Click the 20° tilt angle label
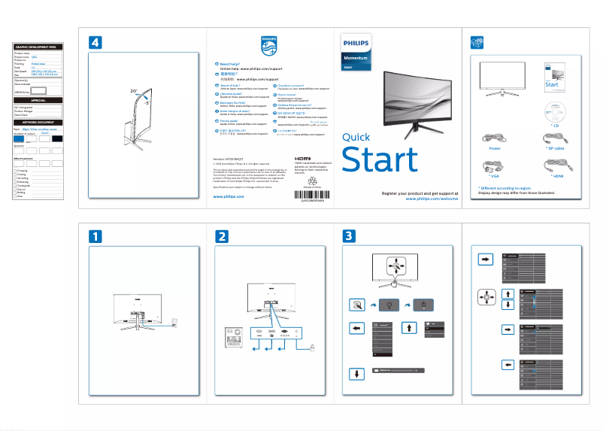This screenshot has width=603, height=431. tap(133, 90)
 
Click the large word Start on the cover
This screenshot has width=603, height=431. tap(380, 160)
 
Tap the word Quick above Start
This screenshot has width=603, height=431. tap(356, 137)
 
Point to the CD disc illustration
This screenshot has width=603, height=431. tap(555, 111)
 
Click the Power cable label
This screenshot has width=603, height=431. tap(495, 149)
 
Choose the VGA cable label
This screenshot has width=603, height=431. tap(495, 175)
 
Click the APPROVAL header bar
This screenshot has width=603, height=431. tap(38, 99)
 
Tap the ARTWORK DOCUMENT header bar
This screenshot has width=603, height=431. tap(38, 121)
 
